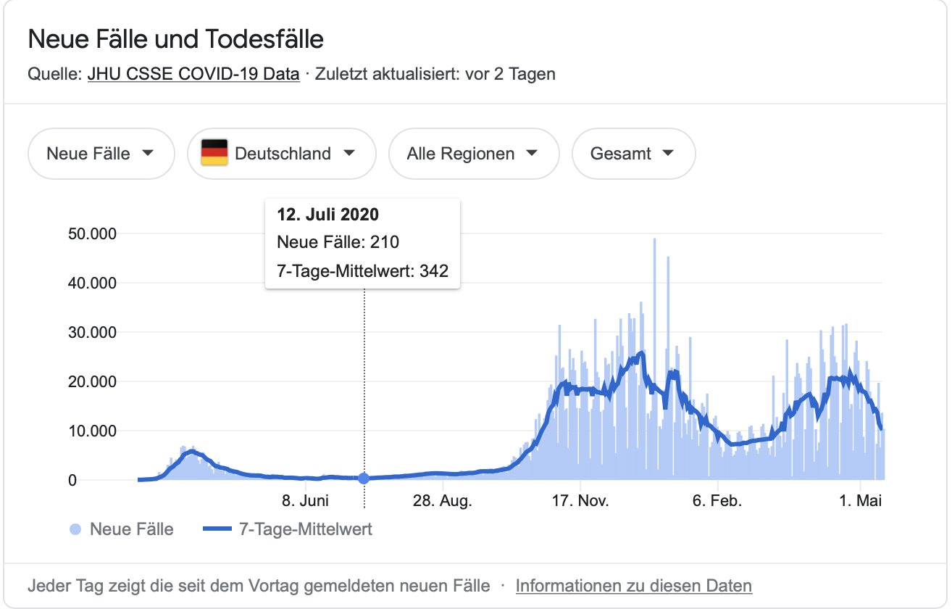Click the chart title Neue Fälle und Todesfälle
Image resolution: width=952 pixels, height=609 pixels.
(x=175, y=39)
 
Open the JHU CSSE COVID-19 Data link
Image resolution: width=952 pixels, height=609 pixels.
(x=193, y=74)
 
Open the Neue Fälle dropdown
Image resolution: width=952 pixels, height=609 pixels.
(x=101, y=154)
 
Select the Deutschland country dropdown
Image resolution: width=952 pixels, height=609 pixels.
(x=282, y=154)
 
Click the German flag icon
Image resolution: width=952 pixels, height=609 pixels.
(x=214, y=153)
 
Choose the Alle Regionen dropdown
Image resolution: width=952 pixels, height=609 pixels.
(x=474, y=154)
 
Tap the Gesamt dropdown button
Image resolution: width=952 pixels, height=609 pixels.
(x=633, y=154)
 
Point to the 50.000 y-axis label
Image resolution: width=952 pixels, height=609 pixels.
(x=91, y=233)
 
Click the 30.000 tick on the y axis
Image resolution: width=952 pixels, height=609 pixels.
(x=91, y=332)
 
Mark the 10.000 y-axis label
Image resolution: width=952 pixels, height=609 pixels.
(x=91, y=431)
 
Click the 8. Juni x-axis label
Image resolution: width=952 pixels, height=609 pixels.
(x=305, y=501)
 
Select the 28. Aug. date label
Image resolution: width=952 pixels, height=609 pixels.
(x=442, y=501)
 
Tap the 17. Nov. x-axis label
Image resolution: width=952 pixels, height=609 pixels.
(x=580, y=501)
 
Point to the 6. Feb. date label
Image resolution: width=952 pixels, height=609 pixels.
(x=717, y=501)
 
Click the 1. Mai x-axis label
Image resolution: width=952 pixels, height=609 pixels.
(x=861, y=501)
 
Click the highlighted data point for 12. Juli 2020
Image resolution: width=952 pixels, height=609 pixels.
(x=364, y=478)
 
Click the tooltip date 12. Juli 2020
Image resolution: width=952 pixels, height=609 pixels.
(x=327, y=215)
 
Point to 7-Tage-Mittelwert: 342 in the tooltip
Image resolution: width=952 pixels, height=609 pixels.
(x=362, y=271)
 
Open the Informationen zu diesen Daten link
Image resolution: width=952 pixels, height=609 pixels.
(x=633, y=586)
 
